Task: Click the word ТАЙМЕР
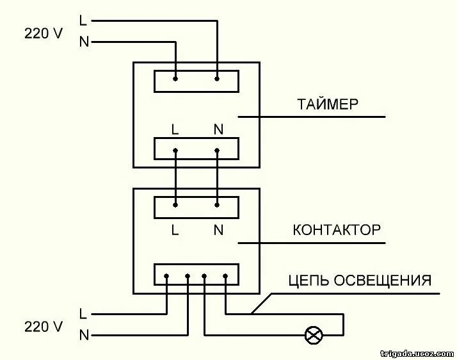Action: [x=327, y=104]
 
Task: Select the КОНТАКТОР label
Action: [x=337, y=230]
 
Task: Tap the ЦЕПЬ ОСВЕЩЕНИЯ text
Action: [x=360, y=280]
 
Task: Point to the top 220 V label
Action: [x=44, y=33]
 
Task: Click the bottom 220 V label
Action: [x=44, y=327]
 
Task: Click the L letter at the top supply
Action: [x=83, y=20]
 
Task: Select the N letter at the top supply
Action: [x=83, y=42]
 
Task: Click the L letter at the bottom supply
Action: [x=83, y=314]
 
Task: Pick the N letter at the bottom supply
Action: [x=83, y=334]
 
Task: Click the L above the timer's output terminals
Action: [x=175, y=129]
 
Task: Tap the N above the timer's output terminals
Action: [x=218, y=129]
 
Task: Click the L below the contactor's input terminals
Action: [x=175, y=230]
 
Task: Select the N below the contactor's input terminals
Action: [x=218, y=230]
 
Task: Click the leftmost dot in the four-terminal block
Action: [x=166, y=277]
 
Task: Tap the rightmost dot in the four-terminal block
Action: [x=226, y=277]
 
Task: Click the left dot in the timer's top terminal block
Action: [x=175, y=79]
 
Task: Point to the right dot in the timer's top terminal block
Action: [x=217, y=79]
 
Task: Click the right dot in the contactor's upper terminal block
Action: [x=217, y=205]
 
